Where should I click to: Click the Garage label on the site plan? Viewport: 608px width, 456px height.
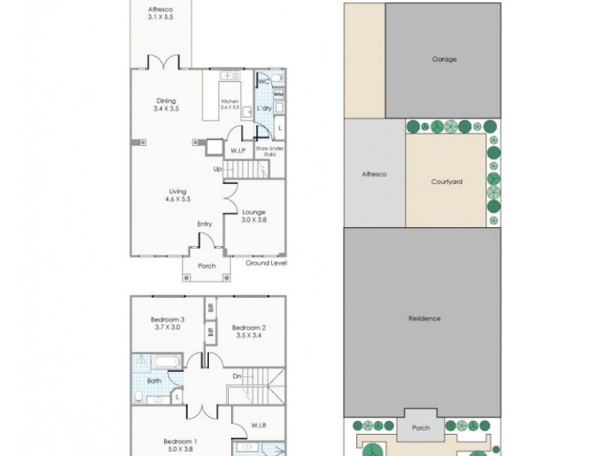coord(445,59)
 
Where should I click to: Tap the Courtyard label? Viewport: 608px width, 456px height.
coord(447,182)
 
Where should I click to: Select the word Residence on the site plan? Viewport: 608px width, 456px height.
coord(423,318)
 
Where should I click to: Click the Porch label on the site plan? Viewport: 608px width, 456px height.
coord(420,428)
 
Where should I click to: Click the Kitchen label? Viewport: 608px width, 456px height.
coord(230,102)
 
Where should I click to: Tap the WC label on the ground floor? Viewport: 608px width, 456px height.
coord(263,81)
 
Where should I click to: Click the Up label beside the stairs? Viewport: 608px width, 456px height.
coord(217,169)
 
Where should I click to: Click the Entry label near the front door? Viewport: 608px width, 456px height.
coord(205,224)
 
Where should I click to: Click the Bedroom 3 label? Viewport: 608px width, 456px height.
coord(166,319)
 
